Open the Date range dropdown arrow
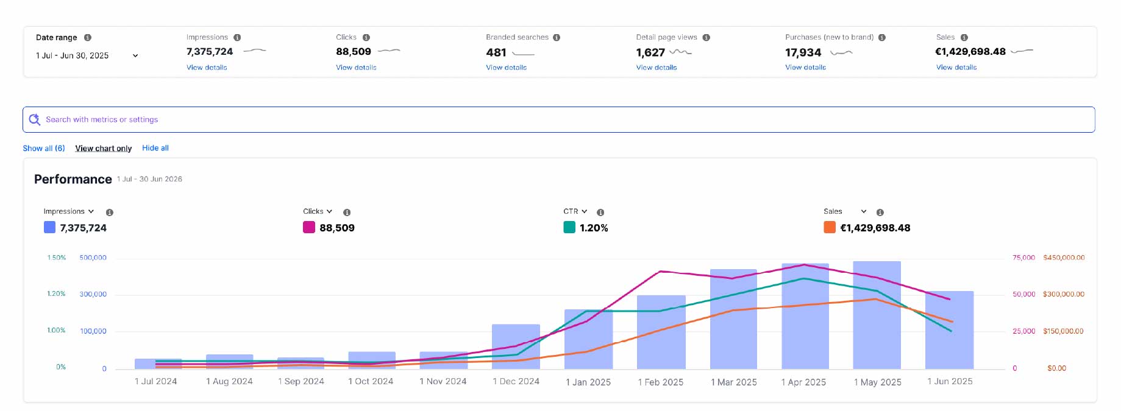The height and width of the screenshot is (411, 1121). click(x=135, y=55)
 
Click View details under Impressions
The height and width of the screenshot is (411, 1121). click(x=207, y=68)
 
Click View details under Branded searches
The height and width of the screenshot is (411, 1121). click(x=506, y=68)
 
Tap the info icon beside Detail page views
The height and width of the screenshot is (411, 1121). click(x=706, y=38)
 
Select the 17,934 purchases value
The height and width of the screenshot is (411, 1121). click(x=803, y=52)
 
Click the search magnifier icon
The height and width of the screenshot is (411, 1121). click(x=35, y=119)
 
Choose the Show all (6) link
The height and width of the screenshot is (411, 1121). click(x=44, y=148)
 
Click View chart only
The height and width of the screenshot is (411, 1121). click(x=104, y=148)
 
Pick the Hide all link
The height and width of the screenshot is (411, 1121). click(x=155, y=148)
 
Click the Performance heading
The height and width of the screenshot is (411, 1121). click(x=73, y=179)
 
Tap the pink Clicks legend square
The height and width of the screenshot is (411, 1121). click(x=309, y=227)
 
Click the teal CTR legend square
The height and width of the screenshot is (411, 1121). click(x=569, y=227)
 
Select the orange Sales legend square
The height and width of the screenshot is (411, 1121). click(x=830, y=227)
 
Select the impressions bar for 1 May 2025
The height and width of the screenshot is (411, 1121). click(x=877, y=315)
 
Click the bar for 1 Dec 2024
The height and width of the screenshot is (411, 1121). click(x=516, y=346)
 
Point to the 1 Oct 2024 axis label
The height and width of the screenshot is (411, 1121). click(x=371, y=382)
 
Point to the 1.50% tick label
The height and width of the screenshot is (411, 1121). click(x=57, y=258)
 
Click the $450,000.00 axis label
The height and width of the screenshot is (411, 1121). click(x=1064, y=258)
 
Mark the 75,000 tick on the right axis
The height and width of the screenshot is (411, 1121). click(x=1023, y=258)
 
